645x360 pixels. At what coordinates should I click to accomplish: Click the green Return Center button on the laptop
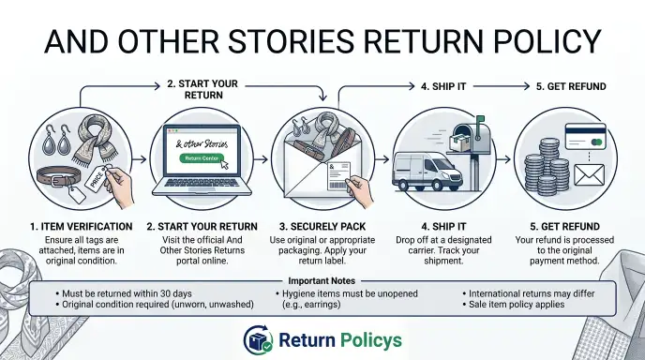pos(202,158)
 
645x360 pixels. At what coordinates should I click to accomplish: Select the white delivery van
pos(427,172)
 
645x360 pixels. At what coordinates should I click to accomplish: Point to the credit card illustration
pos(585,136)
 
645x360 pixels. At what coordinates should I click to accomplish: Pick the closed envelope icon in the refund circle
pos(589,175)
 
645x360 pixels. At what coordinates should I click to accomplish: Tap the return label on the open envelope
pos(339,176)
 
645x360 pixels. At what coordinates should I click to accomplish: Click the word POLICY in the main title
pos(547,41)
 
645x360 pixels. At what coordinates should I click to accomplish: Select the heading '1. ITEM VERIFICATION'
pos(81,227)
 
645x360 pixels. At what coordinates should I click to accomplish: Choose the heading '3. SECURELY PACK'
pos(322,227)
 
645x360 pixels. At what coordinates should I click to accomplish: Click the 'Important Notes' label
pos(322,281)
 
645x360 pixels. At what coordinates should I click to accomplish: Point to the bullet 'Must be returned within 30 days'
pos(124,293)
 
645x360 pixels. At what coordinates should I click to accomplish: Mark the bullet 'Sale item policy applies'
pos(514,305)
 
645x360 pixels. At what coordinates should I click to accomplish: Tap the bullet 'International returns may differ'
pos(529,293)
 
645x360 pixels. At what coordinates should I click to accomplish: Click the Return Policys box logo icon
pos(258,339)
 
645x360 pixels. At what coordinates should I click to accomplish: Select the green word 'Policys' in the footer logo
pos(371,340)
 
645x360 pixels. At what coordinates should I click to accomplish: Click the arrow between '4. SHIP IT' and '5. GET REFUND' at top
pos(501,86)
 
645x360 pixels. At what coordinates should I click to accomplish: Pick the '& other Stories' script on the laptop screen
pos(202,144)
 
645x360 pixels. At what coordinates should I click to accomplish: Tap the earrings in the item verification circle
pos(57,140)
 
